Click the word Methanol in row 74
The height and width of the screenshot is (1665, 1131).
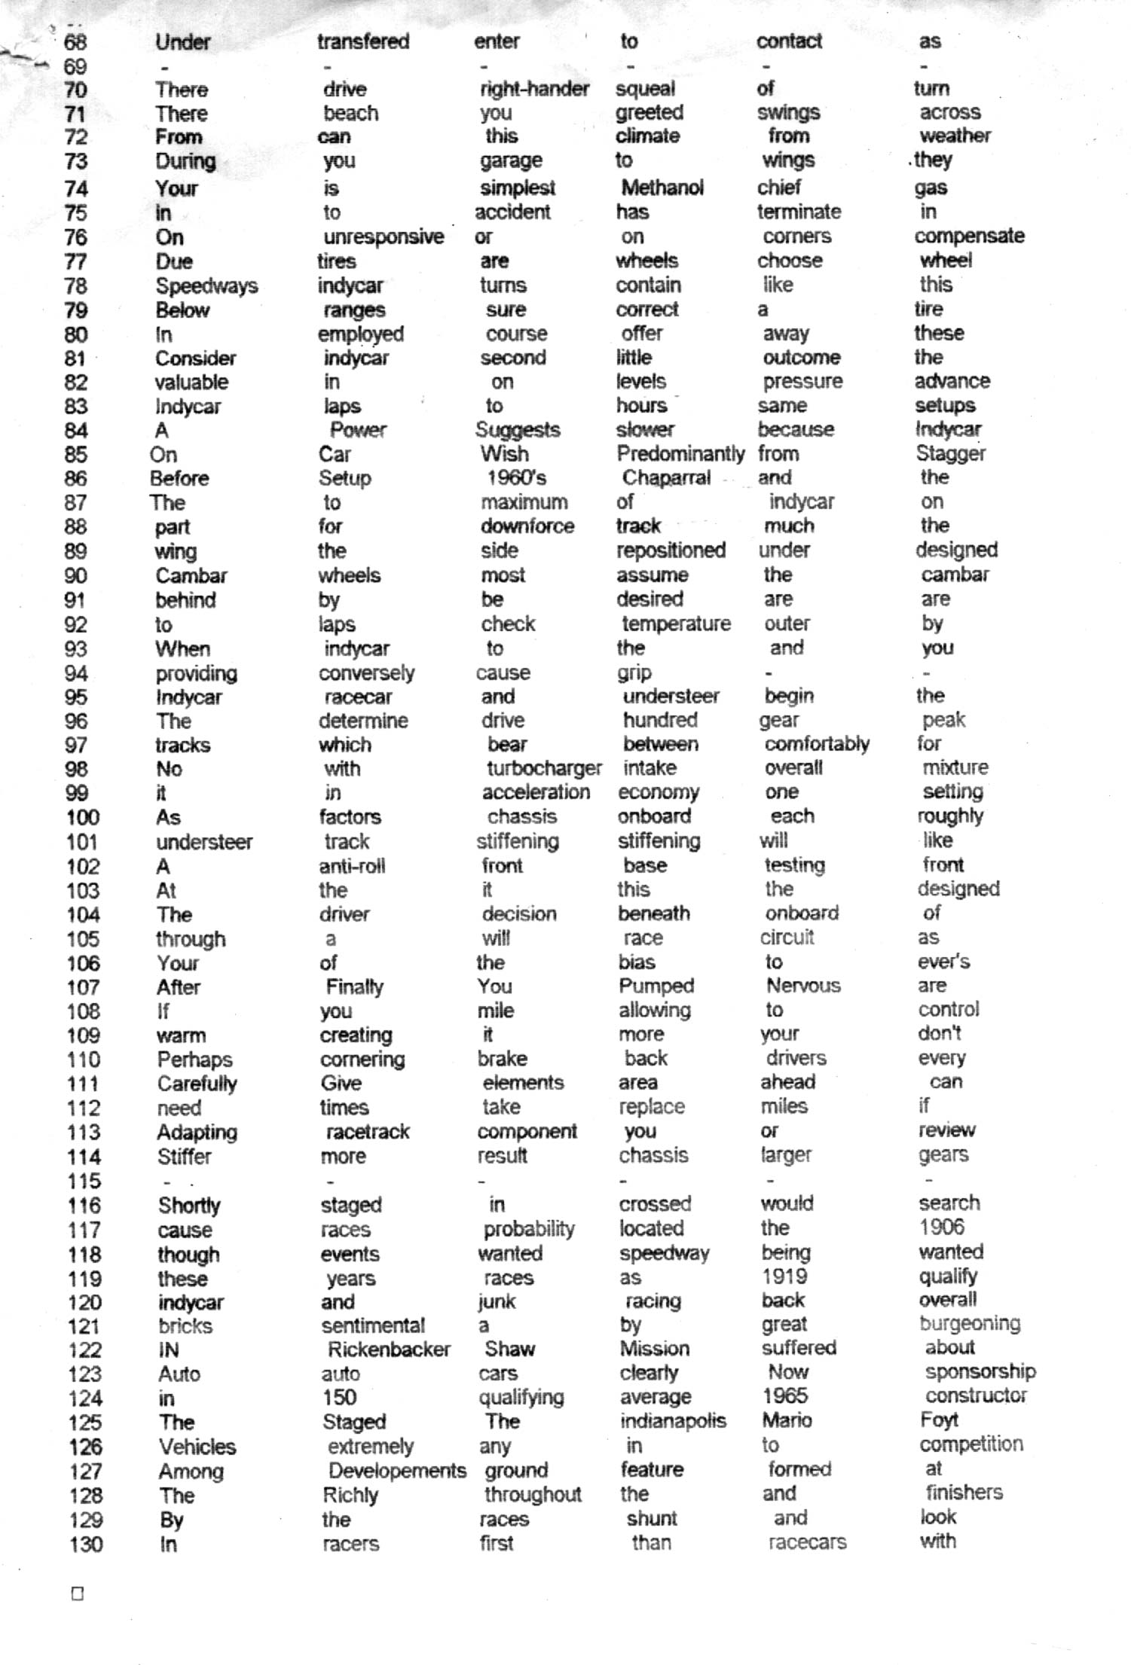point(662,187)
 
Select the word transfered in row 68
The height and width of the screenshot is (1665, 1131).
point(363,41)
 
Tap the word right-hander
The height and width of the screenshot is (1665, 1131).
point(534,89)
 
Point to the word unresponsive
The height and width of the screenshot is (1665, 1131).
point(384,236)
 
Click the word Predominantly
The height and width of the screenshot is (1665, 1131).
point(680,453)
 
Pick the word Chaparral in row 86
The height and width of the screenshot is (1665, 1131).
point(666,477)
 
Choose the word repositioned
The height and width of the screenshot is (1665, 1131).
point(671,550)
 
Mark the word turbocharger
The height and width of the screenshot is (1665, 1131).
point(544,768)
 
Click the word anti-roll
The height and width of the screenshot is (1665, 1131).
point(352,866)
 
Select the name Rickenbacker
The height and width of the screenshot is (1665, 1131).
point(389,1349)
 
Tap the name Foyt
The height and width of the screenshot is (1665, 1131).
point(939,1420)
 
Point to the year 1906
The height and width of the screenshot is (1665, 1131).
point(941,1227)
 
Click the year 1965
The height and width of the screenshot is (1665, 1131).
point(785,1395)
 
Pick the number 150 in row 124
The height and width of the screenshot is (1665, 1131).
point(339,1397)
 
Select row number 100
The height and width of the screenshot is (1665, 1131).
point(82,817)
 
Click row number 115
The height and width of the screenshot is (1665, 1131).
point(83,1181)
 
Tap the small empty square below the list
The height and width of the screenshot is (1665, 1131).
point(77,1593)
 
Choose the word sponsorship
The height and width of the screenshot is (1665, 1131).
point(980,1371)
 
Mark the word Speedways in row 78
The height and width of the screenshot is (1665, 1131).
point(206,286)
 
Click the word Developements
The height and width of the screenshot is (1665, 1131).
point(397,1470)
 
